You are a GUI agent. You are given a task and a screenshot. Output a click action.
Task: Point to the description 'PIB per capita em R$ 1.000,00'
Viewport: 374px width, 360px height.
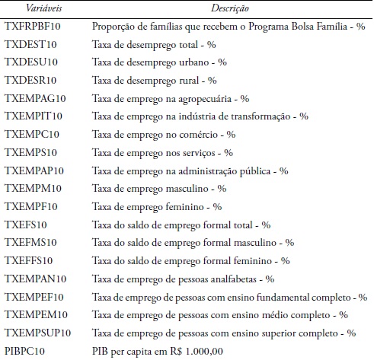[x=158, y=351]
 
